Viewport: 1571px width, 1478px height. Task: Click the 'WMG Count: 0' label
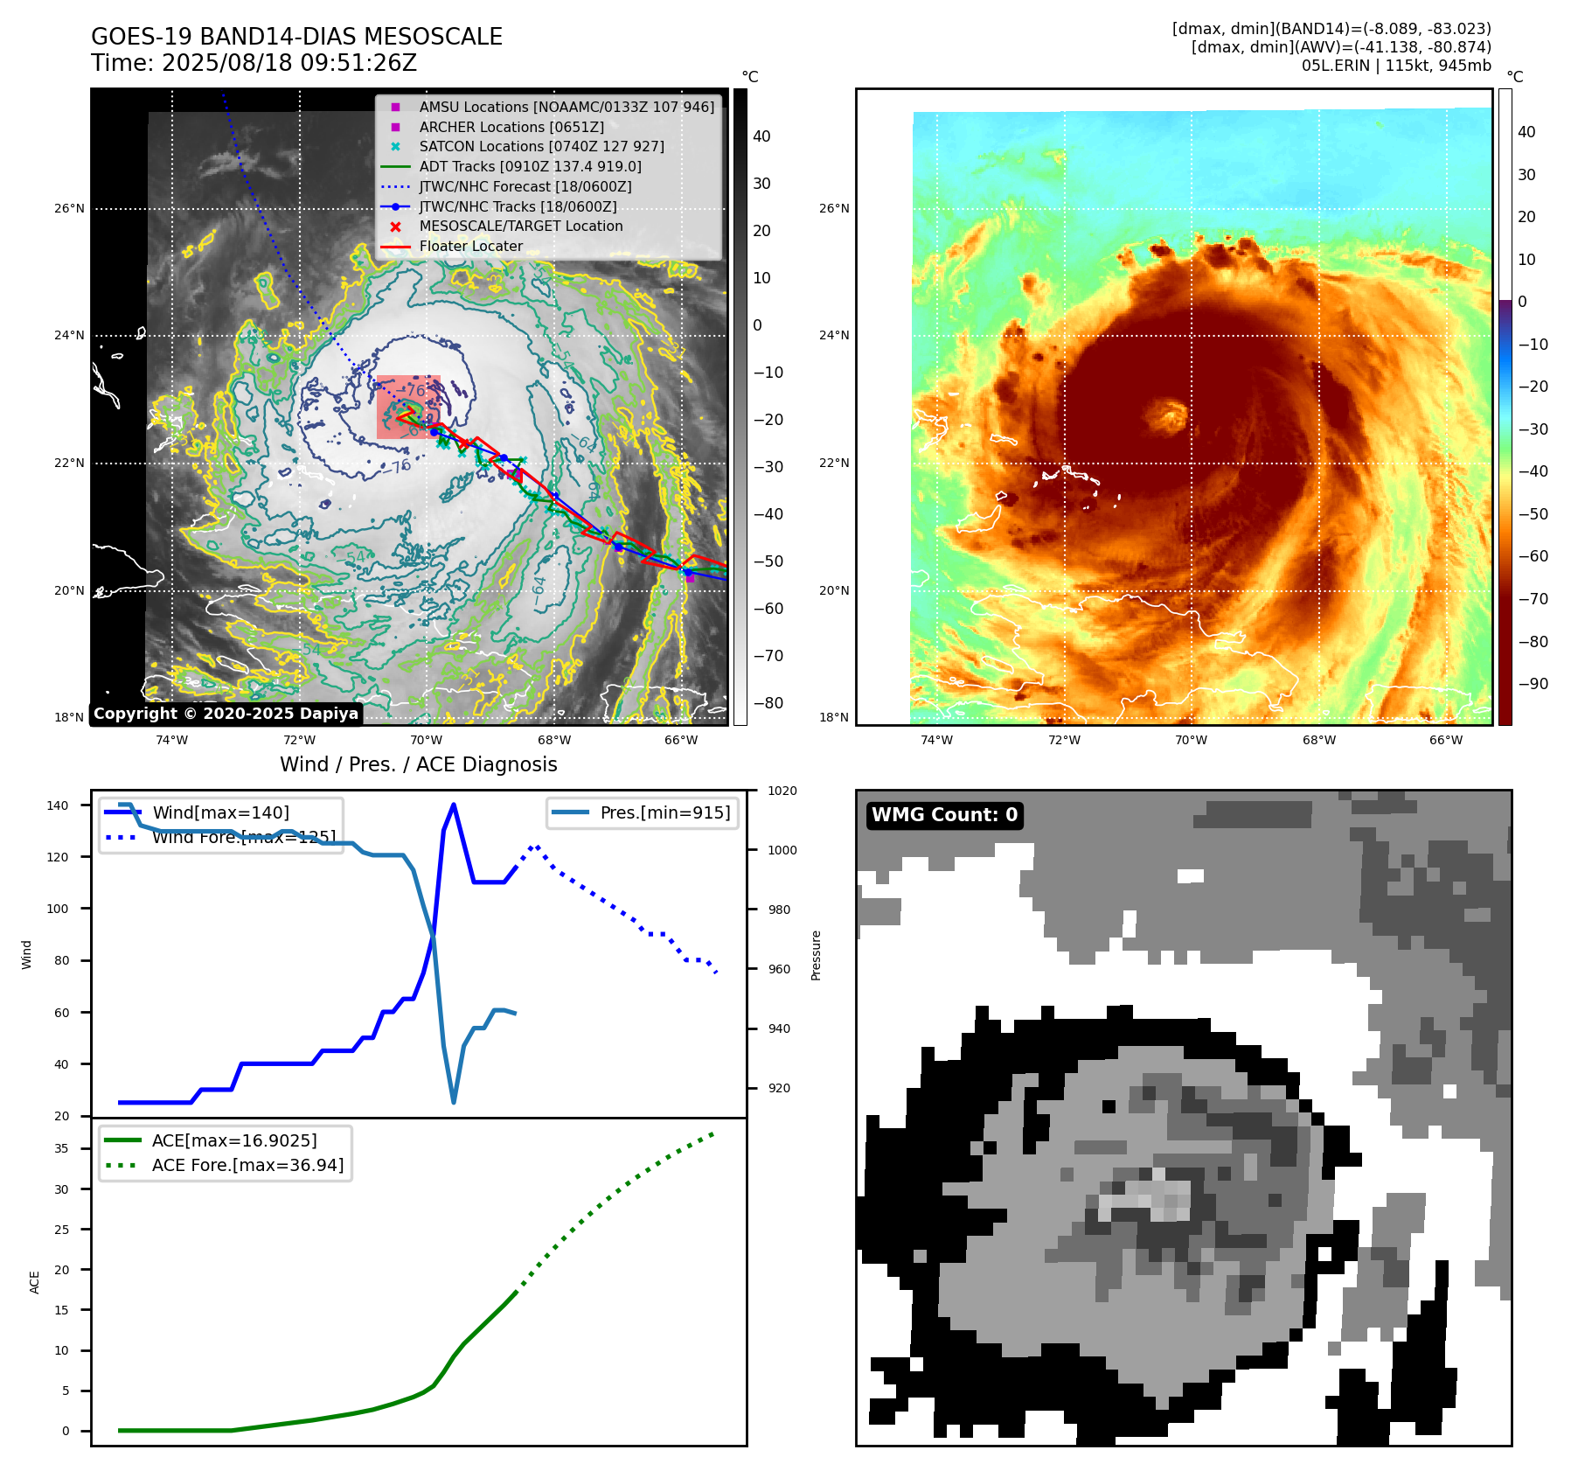944,815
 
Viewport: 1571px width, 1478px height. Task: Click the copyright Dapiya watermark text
226,714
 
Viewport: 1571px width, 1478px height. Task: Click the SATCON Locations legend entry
541,147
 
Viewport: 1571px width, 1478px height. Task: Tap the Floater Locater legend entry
470,247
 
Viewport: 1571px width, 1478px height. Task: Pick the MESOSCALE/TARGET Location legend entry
521,227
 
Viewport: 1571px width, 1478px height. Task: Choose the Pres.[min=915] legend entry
664,813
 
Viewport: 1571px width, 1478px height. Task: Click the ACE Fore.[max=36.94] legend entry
247,1166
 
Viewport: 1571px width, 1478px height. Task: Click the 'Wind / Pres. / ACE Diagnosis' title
418,765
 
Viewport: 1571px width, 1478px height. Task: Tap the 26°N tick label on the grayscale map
70,209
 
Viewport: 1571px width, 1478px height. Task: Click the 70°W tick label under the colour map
1191,740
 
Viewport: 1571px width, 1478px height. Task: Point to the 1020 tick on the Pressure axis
782,791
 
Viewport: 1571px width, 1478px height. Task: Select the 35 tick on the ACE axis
61,1148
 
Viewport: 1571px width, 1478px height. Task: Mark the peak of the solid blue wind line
453,805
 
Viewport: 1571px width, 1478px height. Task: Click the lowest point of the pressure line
454,1102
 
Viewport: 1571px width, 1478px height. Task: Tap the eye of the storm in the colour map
1167,415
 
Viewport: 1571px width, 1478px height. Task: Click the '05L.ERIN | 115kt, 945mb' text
1396,66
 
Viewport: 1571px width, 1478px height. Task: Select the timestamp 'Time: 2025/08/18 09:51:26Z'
254,64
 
